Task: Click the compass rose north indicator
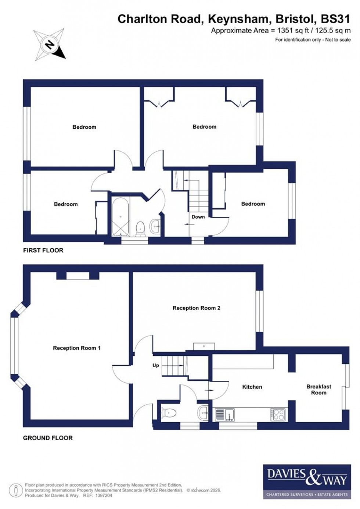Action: click(x=49, y=45)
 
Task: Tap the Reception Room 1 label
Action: click(x=77, y=348)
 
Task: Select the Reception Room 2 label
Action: click(x=197, y=308)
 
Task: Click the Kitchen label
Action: click(x=252, y=387)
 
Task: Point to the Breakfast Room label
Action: click(x=318, y=390)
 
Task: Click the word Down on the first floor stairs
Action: click(x=198, y=217)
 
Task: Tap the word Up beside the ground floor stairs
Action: click(x=156, y=365)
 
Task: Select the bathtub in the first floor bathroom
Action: click(x=120, y=217)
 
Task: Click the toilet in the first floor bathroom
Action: click(x=140, y=228)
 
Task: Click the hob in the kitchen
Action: click(x=278, y=415)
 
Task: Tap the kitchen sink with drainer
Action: click(x=224, y=415)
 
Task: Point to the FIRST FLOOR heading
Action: click(x=43, y=250)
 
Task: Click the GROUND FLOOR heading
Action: click(x=48, y=438)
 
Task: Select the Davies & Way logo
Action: click(x=305, y=481)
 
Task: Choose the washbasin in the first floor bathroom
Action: click(x=155, y=227)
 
